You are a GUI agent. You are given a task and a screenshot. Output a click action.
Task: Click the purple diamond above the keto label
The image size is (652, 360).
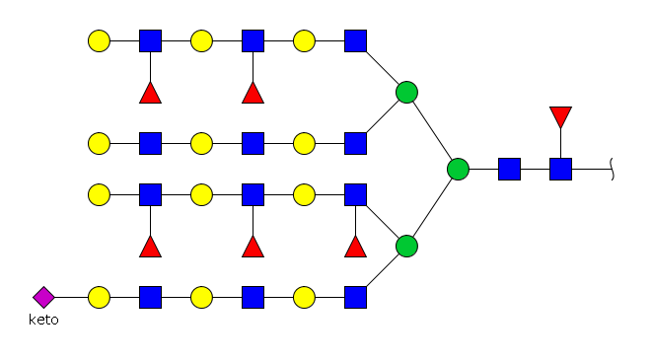coord(43,297)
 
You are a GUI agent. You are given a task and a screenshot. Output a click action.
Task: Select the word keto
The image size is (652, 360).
coord(43,320)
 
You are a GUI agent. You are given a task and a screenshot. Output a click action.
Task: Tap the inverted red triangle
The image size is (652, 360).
coord(560,116)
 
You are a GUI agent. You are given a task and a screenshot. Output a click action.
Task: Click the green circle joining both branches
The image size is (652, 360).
coord(459,170)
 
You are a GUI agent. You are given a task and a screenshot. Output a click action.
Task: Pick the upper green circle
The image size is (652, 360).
coord(406,93)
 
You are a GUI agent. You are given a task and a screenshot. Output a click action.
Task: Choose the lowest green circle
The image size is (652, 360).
coord(406,247)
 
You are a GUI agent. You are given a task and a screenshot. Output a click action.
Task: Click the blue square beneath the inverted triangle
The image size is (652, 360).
coord(560,170)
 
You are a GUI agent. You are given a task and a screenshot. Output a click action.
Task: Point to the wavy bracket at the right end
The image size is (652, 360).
coord(613,170)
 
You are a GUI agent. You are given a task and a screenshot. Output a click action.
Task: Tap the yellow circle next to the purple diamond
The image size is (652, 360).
coord(99,297)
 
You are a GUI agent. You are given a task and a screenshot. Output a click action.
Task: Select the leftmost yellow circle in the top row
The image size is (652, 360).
coord(99,40)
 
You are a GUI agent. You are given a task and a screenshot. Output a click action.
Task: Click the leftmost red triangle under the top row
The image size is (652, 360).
coord(151,93)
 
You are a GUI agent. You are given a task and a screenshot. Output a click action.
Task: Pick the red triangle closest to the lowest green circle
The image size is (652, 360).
coord(355,247)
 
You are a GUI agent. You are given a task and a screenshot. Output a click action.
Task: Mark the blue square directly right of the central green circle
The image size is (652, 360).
coord(509,170)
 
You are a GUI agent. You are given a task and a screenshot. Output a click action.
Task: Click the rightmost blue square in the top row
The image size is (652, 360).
coord(355,40)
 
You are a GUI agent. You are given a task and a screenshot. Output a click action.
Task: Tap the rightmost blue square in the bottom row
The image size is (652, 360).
coord(355,297)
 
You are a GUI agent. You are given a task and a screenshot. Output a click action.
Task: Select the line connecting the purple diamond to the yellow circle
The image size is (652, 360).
coord(71,297)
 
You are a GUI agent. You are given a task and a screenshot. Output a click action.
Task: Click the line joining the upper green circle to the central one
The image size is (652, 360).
coord(432,130)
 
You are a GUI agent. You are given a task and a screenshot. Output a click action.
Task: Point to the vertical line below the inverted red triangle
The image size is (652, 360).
coord(560,143)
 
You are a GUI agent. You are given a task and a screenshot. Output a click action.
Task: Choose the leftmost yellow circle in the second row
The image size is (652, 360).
coord(99,143)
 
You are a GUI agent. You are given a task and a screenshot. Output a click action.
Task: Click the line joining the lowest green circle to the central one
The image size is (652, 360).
coord(432,208)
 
